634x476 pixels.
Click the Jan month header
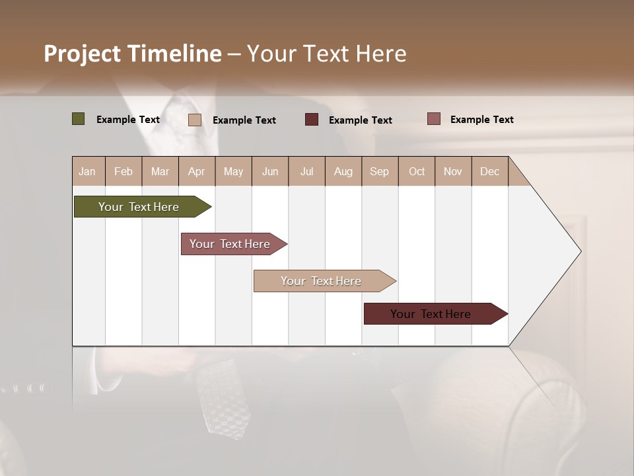(x=87, y=171)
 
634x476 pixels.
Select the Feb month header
(x=123, y=171)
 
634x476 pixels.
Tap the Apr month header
(x=197, y=171)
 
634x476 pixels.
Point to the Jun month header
(x=270, y=171)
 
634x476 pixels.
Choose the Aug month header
(x=343, y=171)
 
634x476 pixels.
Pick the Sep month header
(x=380, y=171)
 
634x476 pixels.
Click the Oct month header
(x=417, y=171)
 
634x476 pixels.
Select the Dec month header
(x=490, y=171)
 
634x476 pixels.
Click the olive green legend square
(x=79, y=119)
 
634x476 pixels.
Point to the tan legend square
(x=195, y=120)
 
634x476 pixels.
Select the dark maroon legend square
(x=312, y=119)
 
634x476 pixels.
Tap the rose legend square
(x=433, y=119)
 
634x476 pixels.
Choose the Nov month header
(x=453, y=171)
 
